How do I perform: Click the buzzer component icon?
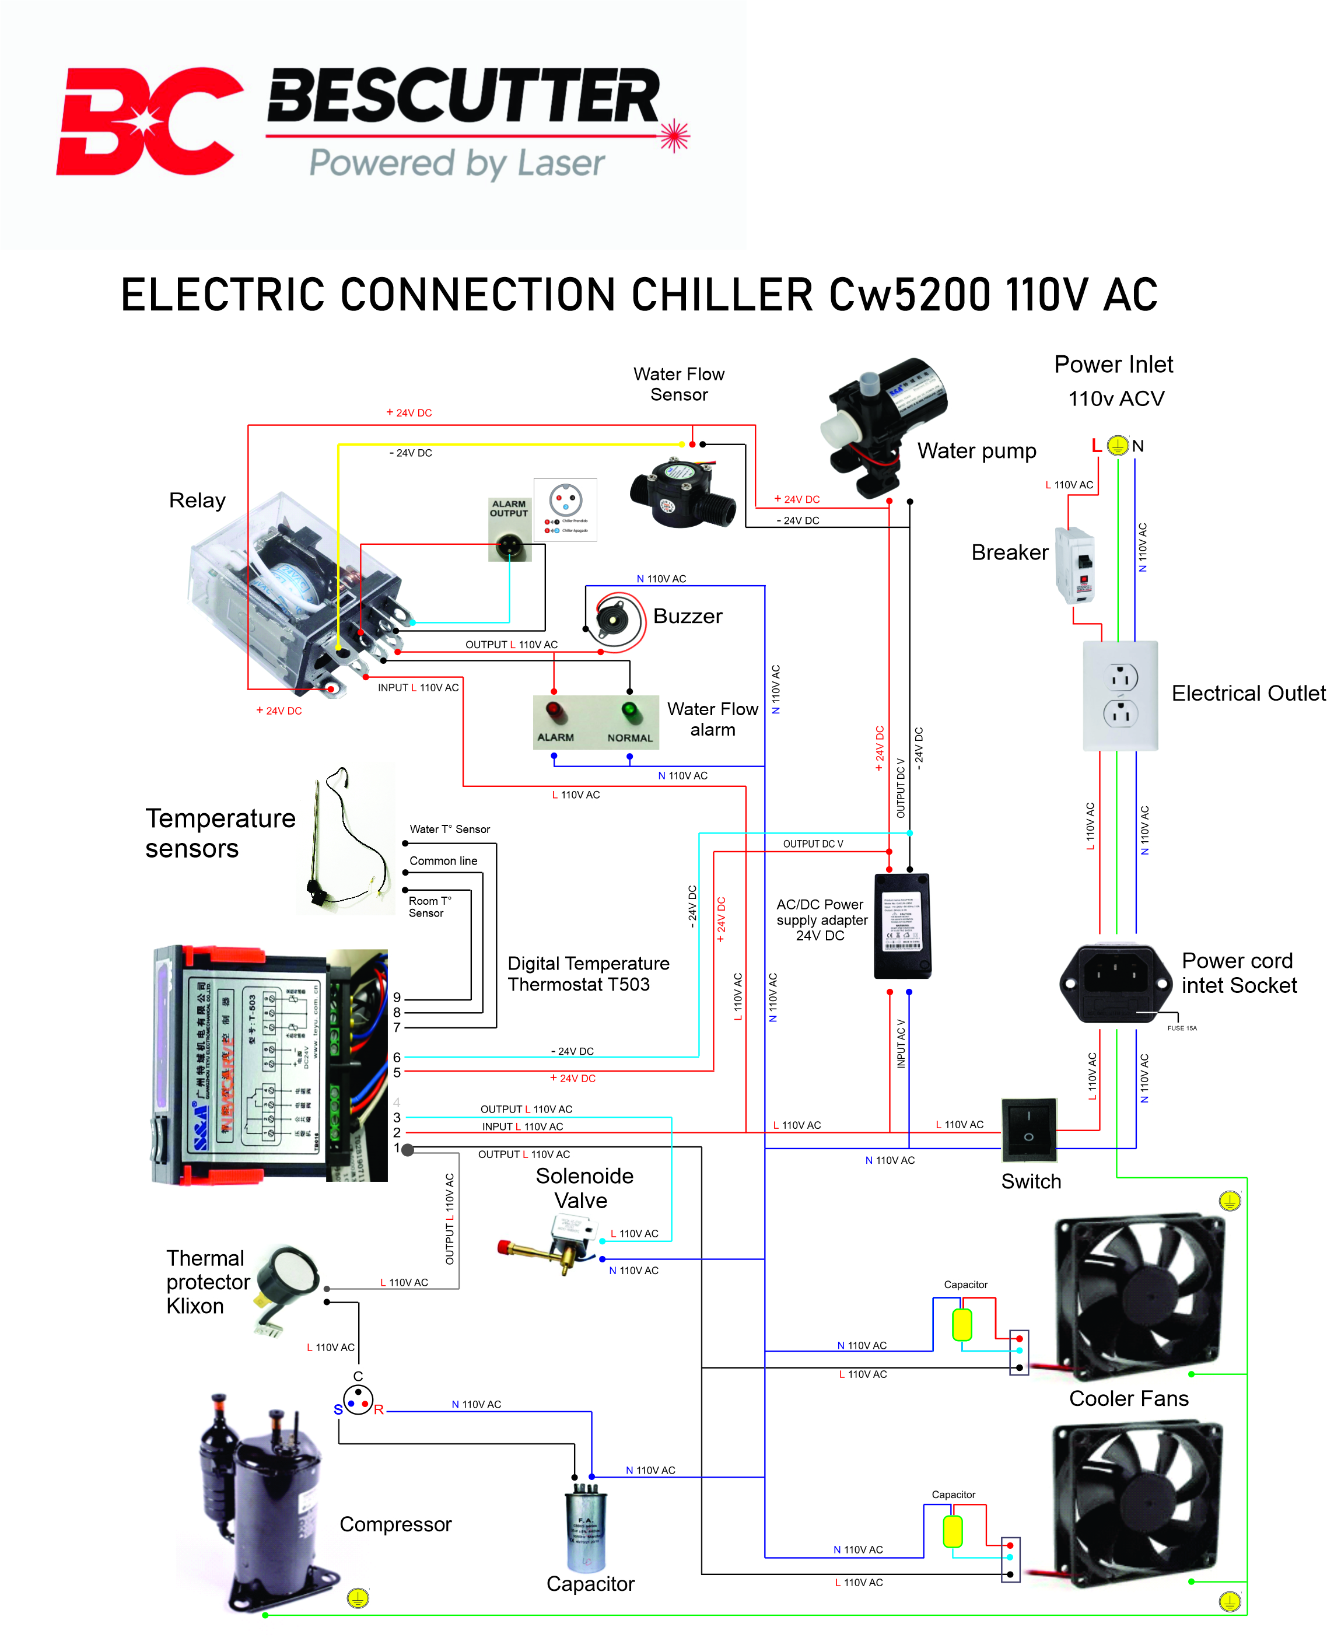(615, 620)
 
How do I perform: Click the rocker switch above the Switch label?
(1029, 1128)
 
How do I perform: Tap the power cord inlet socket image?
(1115, 983)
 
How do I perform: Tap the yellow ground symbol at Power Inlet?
(1118, 446)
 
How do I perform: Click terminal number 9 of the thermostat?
(397, 998)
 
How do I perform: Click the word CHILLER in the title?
(722, 296)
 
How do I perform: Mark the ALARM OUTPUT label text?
(508, 509)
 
